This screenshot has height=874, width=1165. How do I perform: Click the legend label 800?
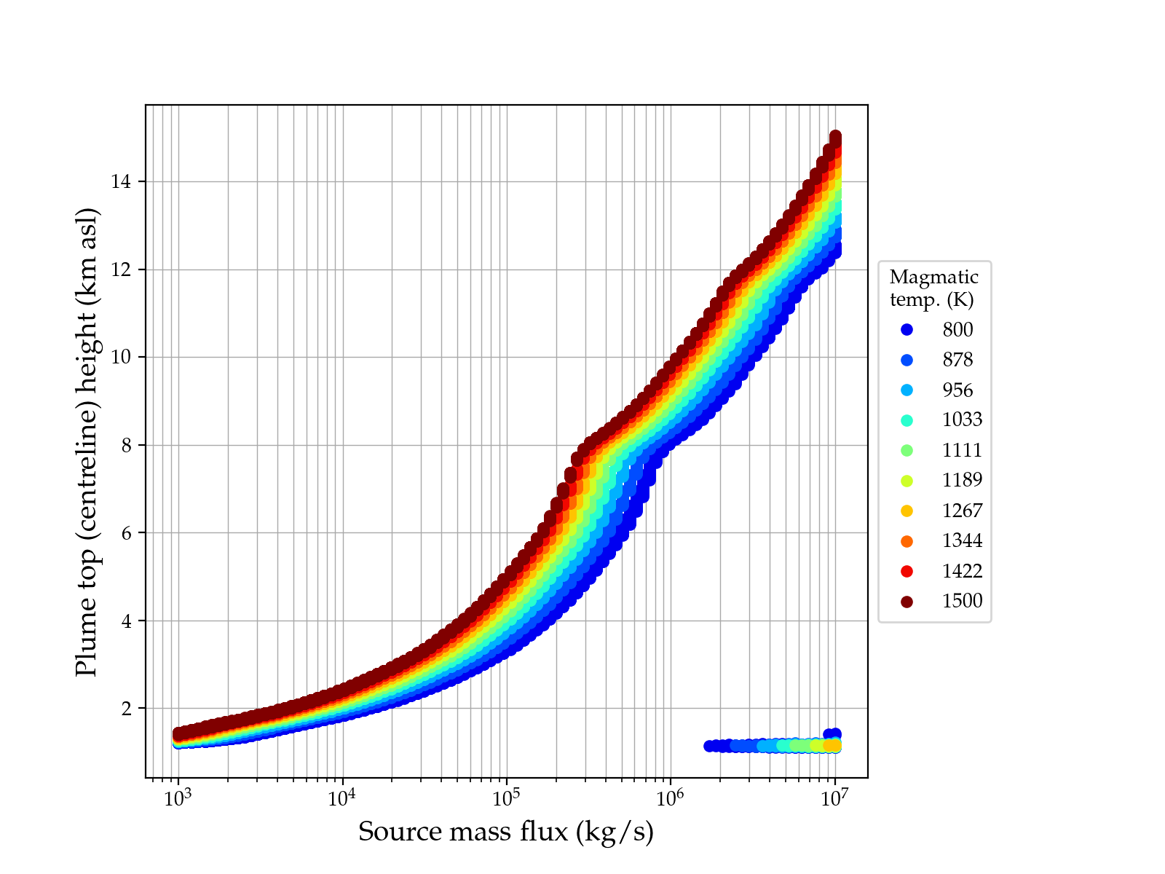click(957, 330)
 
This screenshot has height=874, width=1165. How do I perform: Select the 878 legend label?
click(957, 360)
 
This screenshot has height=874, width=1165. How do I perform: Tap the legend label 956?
click(957, 390)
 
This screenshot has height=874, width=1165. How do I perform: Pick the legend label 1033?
click(962, 420)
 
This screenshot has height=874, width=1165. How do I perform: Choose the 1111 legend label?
click(962, 450)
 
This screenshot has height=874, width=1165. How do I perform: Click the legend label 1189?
click(962, 480)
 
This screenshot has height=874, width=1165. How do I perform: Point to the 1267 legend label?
click(962, 511)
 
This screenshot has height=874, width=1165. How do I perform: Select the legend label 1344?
click(962, 540)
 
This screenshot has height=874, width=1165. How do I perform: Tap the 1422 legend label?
click(962, 571)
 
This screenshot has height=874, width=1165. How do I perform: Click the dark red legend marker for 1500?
click(907, 602)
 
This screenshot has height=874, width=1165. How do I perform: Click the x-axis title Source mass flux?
click(506, 831)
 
